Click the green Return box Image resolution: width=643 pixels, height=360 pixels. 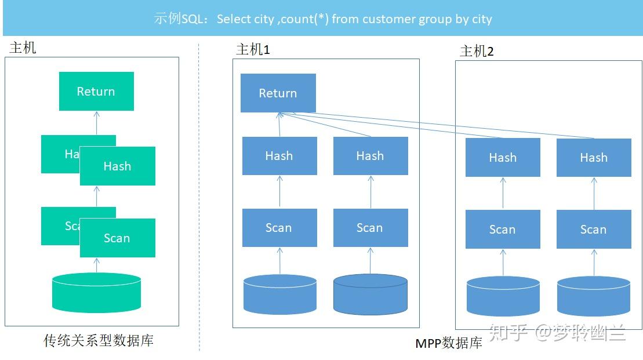coord(96,91)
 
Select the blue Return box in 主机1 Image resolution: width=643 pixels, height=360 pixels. coord(278,93)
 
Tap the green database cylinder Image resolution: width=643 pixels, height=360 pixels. coord(96,292)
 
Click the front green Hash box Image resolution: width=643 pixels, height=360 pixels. coord(118,166)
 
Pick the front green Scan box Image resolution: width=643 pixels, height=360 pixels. coord(118,238)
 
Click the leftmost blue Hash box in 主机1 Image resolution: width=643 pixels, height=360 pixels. coord(279,156)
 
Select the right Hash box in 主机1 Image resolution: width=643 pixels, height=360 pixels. coord(370,156)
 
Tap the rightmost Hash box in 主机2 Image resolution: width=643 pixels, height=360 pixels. coord(594,158)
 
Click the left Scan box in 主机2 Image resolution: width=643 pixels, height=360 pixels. coord(503,229)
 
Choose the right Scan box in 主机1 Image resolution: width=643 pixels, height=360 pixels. coord(370,228)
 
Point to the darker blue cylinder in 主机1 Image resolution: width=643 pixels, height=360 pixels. coord(370,294)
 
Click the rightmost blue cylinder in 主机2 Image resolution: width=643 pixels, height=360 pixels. coord(594,296)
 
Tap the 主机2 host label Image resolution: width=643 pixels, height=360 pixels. coord(477,51)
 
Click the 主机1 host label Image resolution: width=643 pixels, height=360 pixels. coord(253,49)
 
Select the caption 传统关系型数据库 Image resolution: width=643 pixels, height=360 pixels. coord(99,340)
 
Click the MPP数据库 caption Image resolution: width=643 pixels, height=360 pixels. coord(449,343)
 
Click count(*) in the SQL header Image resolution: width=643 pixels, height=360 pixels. coord(305,19)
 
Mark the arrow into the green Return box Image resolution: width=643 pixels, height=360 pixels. coord(97,123)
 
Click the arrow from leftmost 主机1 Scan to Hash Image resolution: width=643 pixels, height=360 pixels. coord(279,192)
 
